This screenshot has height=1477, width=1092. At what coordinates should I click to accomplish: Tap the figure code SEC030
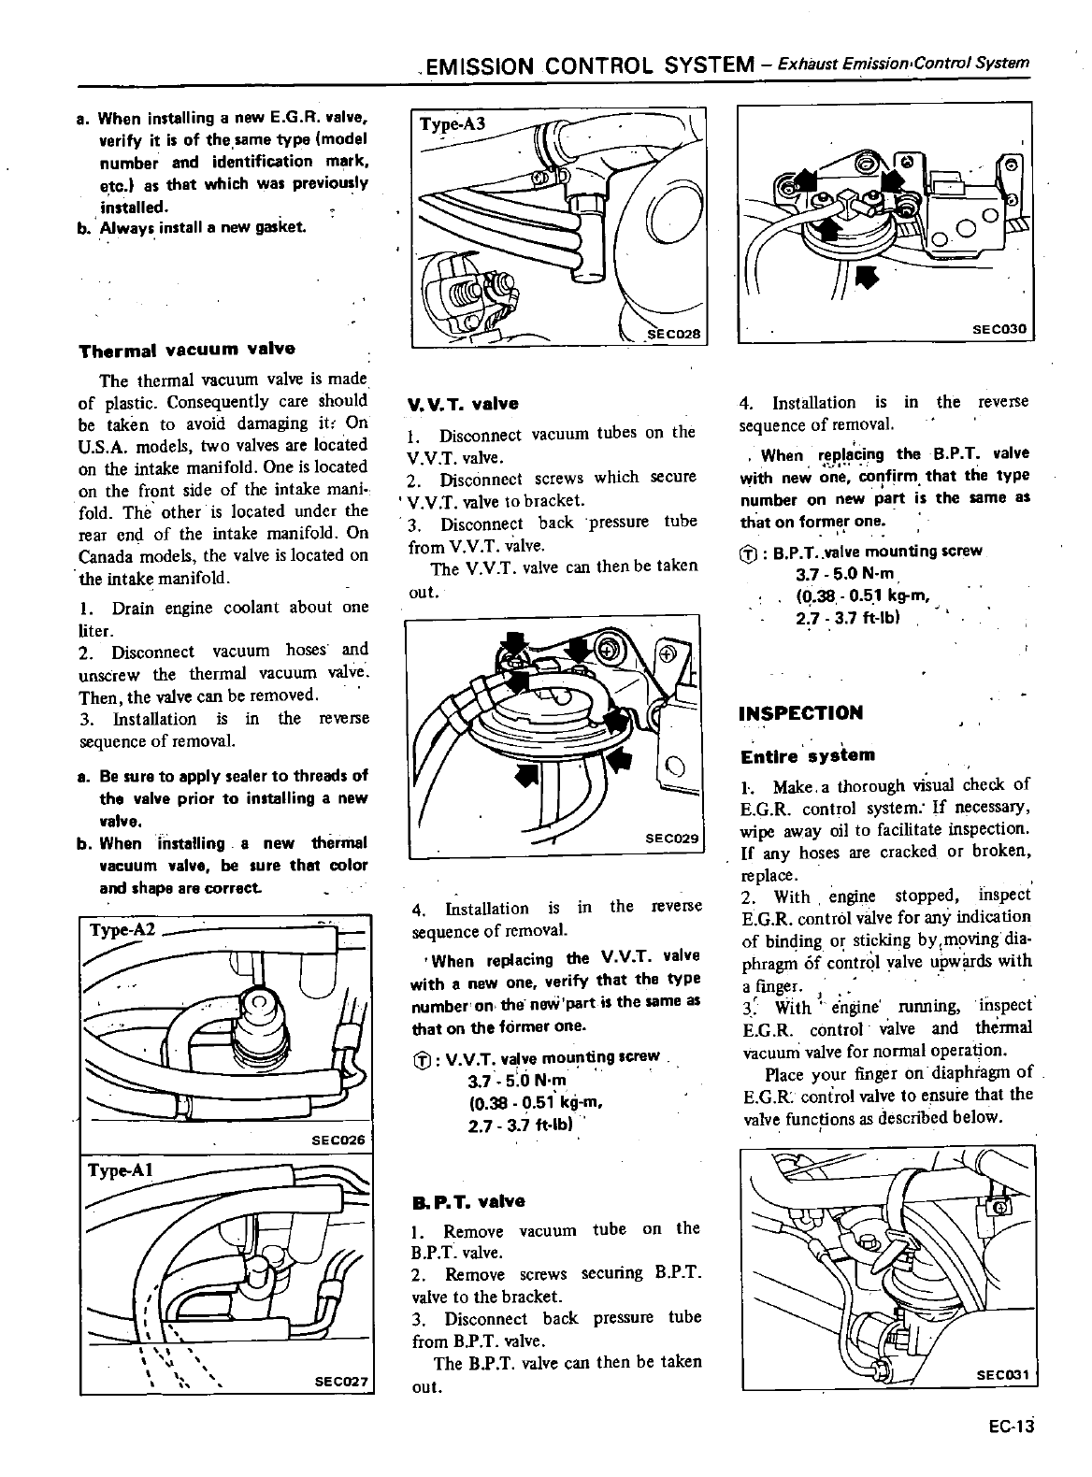tap(999, 328)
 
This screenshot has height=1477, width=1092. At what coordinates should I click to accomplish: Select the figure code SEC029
tap(672, 839)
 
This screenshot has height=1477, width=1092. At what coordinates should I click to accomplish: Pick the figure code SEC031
tap(1001, 1375)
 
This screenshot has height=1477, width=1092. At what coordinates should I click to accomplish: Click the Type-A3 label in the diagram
tap(453, 123)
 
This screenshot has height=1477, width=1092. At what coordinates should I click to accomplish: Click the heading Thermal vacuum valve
tap(187, 350)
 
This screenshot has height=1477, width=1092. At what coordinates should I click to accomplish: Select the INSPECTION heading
tap(800, 713)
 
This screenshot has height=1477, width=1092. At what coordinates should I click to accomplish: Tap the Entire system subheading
tap(807, 755)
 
